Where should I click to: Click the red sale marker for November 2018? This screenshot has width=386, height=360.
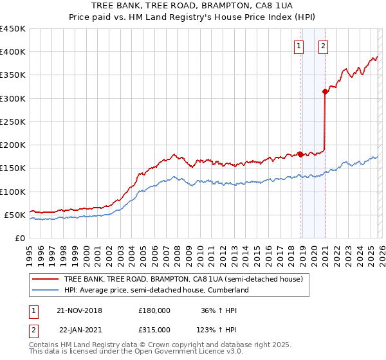(300, 154)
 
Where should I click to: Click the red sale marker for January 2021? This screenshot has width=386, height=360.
(325, 91)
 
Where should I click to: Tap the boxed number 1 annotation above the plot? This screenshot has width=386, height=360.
(300, 45)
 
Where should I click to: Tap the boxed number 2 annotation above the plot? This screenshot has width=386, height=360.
(322, 45)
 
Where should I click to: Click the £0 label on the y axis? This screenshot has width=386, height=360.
(19, 238)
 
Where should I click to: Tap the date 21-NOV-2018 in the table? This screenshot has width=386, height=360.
(79, 310)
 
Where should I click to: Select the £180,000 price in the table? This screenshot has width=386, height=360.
(154, 310)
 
